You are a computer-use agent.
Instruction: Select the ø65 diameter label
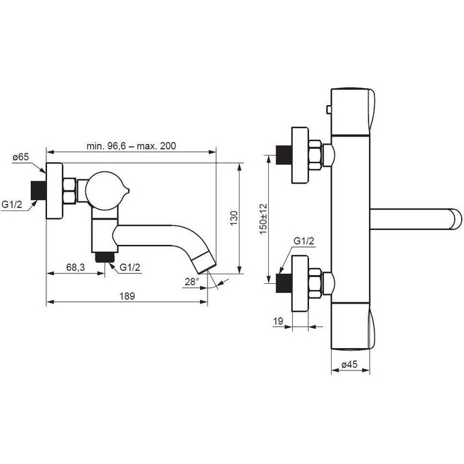tap(21, 158)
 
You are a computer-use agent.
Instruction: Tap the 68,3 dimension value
tap(76, 267)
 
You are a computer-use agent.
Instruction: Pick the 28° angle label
tap(192, 281)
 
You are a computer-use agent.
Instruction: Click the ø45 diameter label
tap(350, 364)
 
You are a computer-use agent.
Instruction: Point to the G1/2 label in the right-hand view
tap(304, 241)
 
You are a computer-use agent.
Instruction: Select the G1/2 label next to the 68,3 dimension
tap(130, 267)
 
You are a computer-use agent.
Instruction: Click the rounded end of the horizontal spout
tap(452, 219)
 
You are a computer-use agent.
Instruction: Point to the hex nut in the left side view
tap(70, 192)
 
